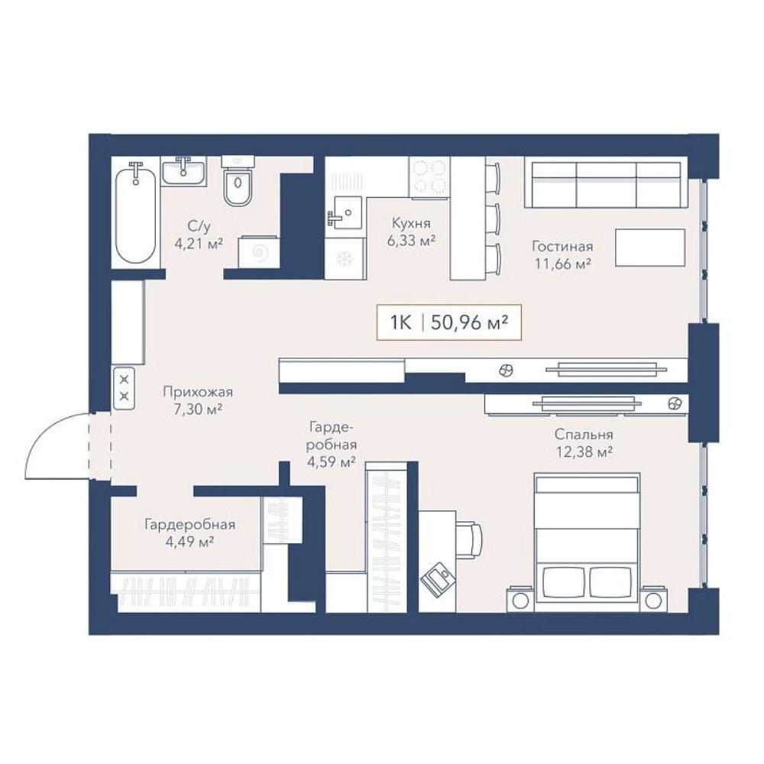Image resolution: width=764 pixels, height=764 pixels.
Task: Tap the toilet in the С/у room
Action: (x=238, y=181)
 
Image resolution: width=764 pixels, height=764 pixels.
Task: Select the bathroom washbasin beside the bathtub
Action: (x=183, y=171)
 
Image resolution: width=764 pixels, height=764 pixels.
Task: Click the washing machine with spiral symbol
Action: (x=259, y=252)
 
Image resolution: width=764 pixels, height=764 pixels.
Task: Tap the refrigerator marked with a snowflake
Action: (x=345, y=259)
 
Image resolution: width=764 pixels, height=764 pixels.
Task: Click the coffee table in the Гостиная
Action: (x=650, y=248)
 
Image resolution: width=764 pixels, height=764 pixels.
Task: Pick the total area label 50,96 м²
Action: (x=470, y=322)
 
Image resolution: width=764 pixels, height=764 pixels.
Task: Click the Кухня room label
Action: (x=411, y=223)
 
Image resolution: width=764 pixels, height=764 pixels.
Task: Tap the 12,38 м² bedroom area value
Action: (x=584, y=452)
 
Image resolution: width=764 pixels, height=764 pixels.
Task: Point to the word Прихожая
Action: (x=198, y=392)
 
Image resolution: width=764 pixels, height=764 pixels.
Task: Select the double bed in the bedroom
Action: (x=587, y=542)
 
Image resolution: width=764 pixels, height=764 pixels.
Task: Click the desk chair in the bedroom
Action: (x=470, y=540)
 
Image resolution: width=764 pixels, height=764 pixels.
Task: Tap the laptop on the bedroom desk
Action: (x=437, y=579)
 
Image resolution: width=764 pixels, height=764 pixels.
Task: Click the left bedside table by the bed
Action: (x=520, y=599)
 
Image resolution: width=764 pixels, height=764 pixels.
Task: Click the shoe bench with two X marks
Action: (x=125, y=388)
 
